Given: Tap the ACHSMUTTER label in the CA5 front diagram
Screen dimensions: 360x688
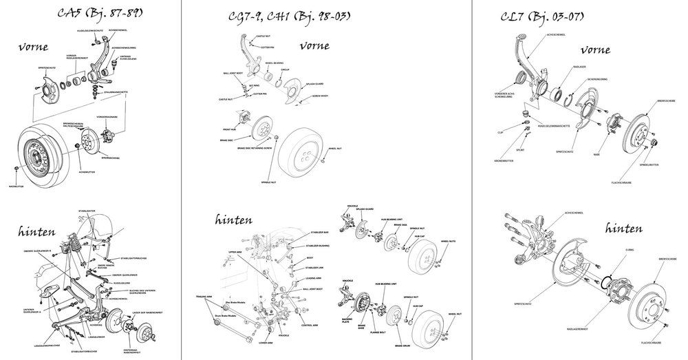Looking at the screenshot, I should point(85,171).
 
